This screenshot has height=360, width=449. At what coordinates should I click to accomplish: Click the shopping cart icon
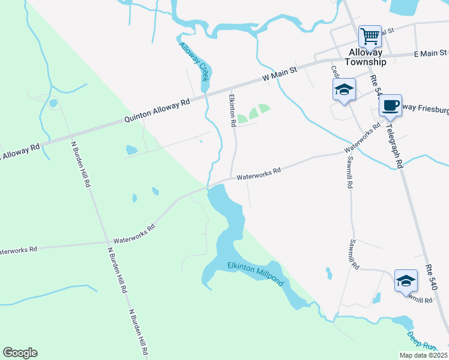[x=370, y=36]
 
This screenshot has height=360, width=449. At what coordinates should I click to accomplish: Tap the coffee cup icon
[x=390, y=106]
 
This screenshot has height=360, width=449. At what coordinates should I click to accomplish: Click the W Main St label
[x=280, y=74]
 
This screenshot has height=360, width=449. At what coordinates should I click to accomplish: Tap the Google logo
[x=20, y=352]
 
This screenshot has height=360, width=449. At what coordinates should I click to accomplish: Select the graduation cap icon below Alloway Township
[x=344, y=90]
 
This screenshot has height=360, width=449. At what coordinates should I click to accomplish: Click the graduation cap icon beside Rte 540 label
[x=406, y=281]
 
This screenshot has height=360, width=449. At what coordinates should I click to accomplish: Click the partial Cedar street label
[x=335, y=71]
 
